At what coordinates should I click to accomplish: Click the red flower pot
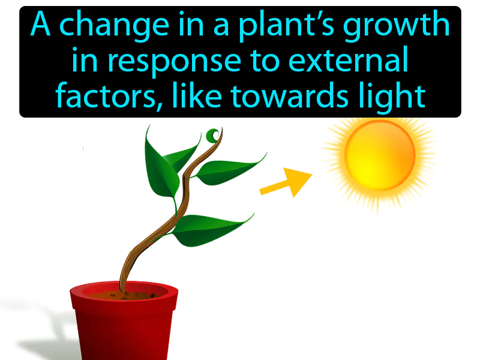click(x=124, y=327)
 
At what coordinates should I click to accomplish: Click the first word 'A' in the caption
click(x=40, y=26)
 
